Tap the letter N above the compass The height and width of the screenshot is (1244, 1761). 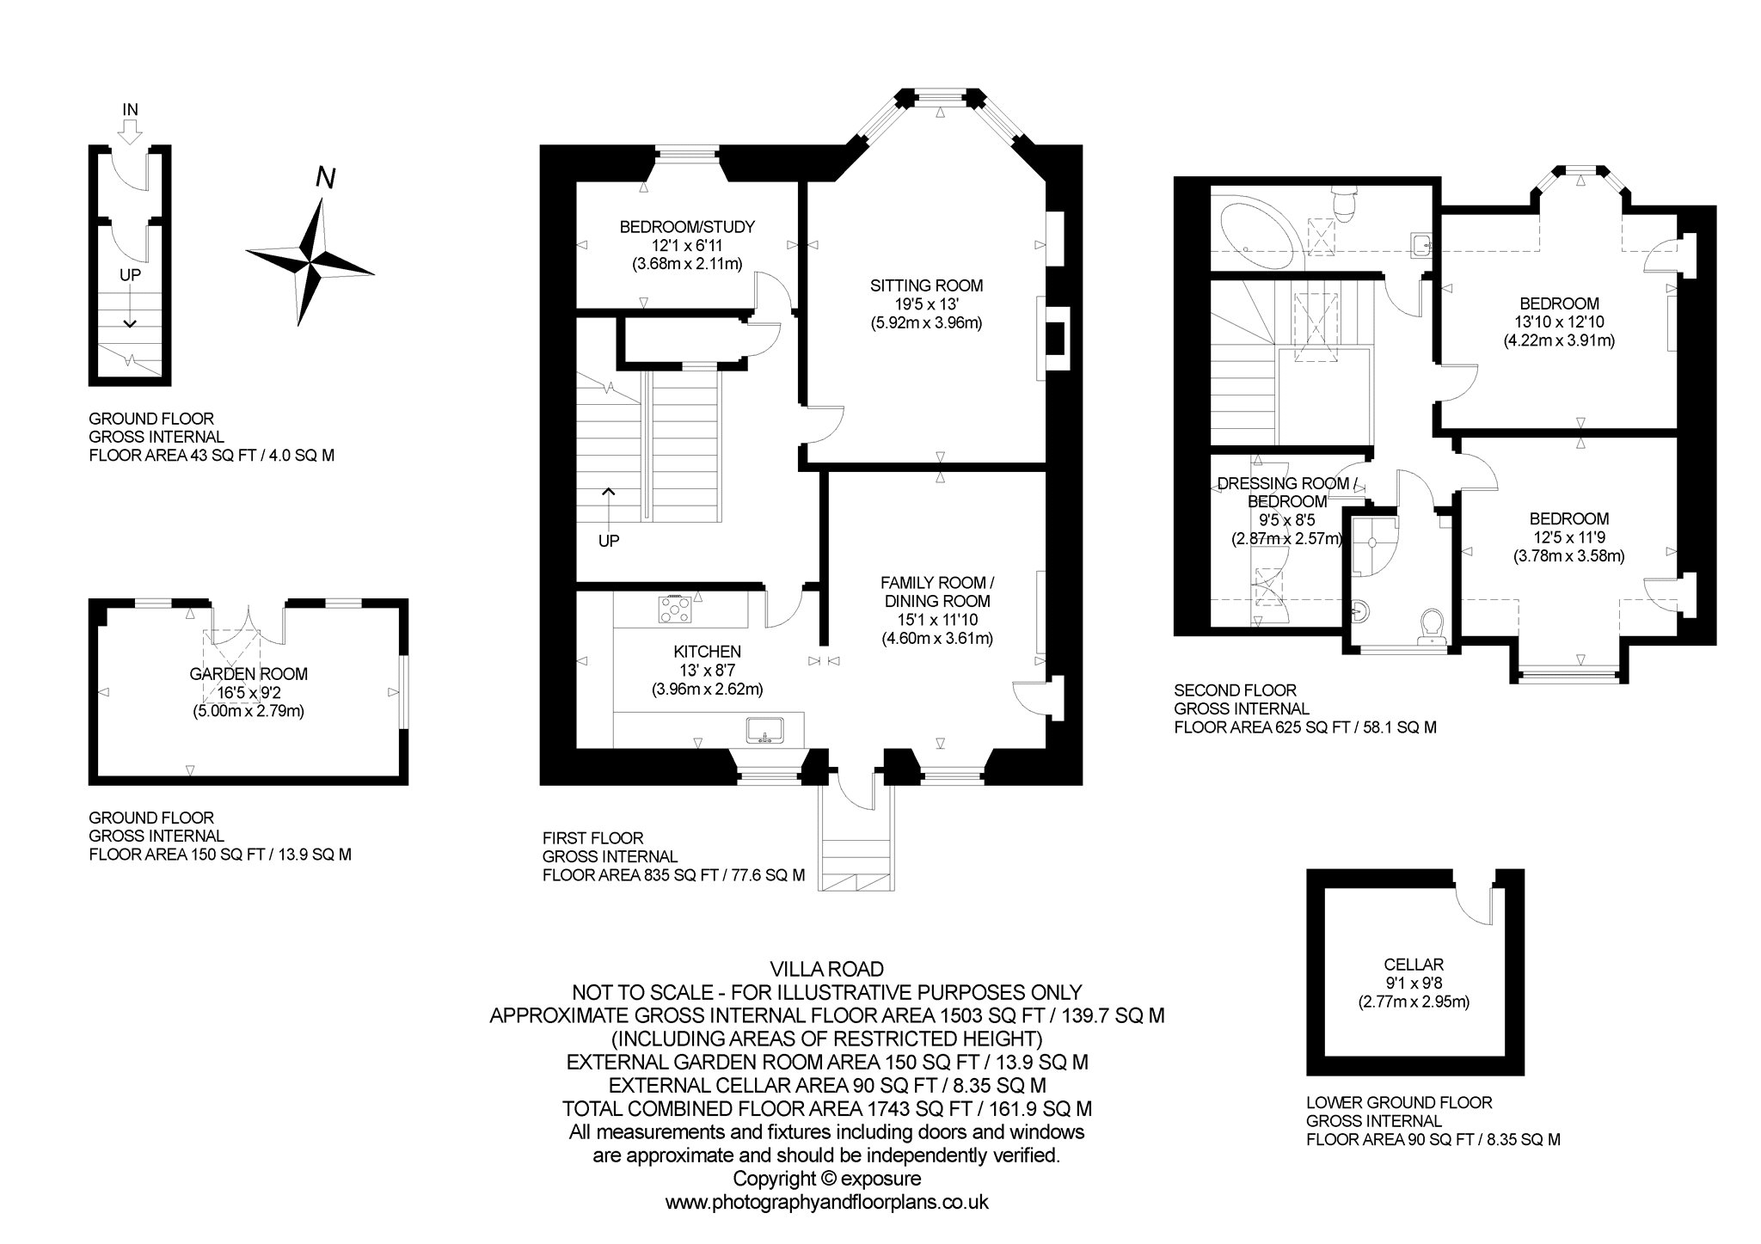tap(325, 178)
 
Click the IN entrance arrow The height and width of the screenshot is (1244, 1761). tap(131, 131)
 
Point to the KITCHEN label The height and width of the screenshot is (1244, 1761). tap(708, 653)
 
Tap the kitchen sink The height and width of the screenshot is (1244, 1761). tap(765, 730)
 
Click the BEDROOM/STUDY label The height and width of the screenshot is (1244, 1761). tap(687, 227)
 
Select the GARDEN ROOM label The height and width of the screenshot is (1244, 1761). tap(249, 675)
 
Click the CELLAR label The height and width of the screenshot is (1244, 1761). tap(1414, 965)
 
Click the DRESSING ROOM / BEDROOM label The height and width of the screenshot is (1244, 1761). tap(1286, 493)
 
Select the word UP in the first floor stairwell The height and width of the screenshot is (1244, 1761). tap(609, 542)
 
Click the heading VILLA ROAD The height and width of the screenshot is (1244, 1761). tap(826, 970)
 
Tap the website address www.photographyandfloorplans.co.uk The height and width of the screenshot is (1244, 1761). tap(827, 1202)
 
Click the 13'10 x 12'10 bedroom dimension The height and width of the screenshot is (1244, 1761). tap(1559, 322)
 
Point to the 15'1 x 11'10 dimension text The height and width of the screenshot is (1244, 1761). tap(936, 620)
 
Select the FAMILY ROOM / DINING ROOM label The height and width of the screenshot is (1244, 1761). tap(936, 592)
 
